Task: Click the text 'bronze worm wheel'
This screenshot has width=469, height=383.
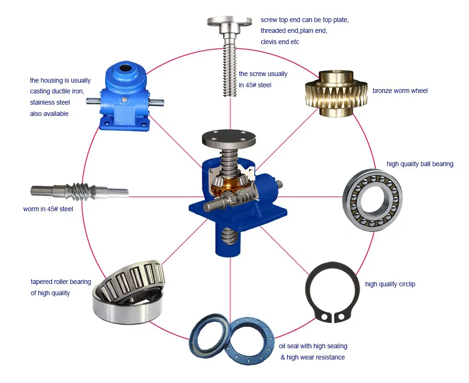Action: [400, 91]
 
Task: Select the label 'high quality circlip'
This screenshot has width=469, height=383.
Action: [390, 284]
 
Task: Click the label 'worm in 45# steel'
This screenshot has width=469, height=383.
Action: [48, 209]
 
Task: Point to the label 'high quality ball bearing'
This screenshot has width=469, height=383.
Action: [420, 164]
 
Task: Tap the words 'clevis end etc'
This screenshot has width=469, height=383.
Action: [280, 42]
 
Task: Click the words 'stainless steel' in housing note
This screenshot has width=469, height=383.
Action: [50, 102]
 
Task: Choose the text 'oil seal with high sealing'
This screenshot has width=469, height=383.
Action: [313, 346]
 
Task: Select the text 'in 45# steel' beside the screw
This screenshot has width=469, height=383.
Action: [255, 85]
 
